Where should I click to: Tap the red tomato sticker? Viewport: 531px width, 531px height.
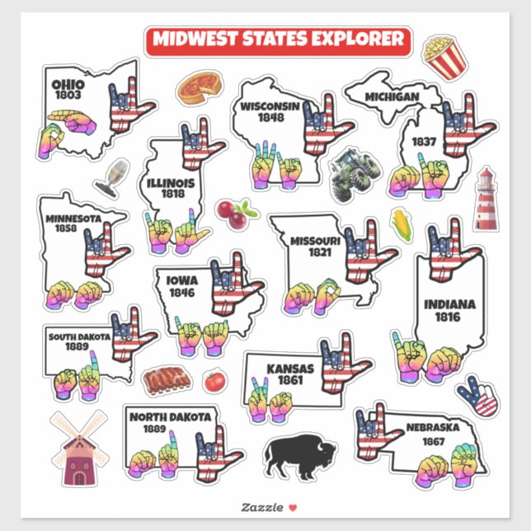[214, 380]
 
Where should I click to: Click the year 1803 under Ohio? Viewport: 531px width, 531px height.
[68, 96]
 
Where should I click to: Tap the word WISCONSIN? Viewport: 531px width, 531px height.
[269, 107]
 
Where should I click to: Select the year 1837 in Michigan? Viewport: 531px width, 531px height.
[424, 141]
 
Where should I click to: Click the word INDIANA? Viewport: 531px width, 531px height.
[449, 305]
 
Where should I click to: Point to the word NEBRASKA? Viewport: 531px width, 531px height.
[432, 427]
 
